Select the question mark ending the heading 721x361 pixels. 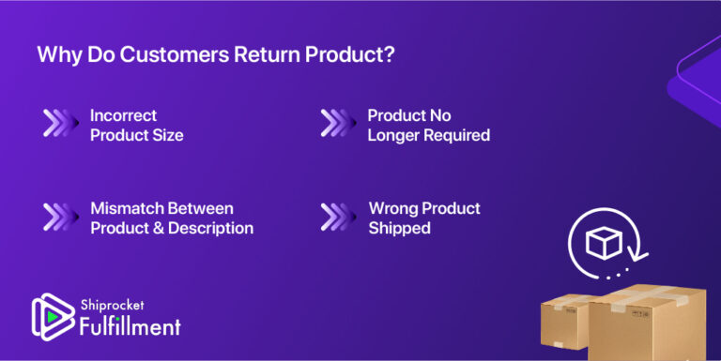click(388, 54)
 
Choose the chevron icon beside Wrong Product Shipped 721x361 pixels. click(338, 218)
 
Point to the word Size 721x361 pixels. click(166, 135)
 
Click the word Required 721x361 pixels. click(460, 135)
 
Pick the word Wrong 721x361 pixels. click(393, 208)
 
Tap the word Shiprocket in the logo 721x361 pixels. click(113, 305)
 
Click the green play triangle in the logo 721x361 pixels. click(51, 318)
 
